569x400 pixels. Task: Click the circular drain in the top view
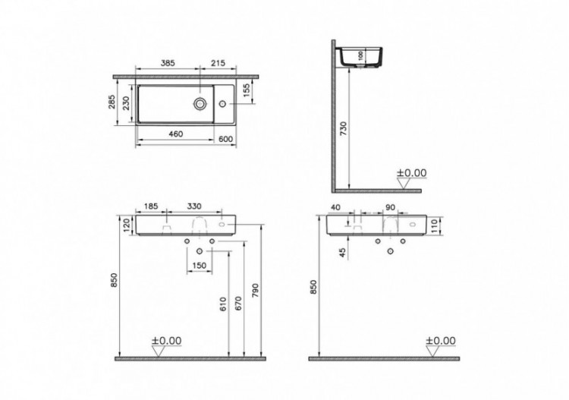click(x=199, y=103)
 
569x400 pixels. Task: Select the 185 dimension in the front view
click(x=151, y=206)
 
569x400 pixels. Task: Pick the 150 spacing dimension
click(x=200, y=265)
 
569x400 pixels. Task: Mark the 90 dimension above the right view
click(x=391, y=206)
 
